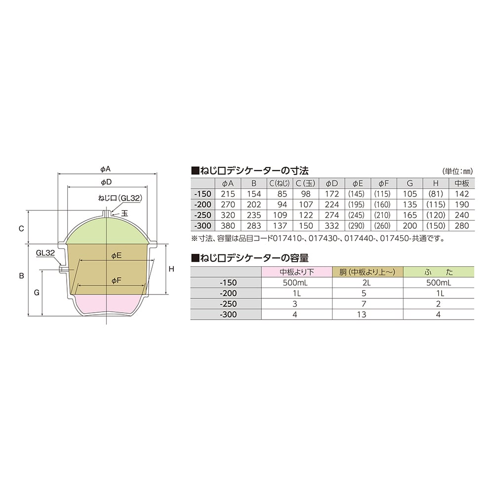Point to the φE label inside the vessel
click(117, 255)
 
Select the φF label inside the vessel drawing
click(117, 281)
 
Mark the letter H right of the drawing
click(171, 269)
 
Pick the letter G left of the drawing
click(37, 292)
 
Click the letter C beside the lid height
click(21, 229)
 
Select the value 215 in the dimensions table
click(228, 194)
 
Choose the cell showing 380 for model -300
click(228, 225)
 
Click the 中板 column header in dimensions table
click(461, 183)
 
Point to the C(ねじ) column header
click(279, 183)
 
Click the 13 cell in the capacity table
click(362, 314)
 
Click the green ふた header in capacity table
click(438, 272)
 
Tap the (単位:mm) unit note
click(458, 171)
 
